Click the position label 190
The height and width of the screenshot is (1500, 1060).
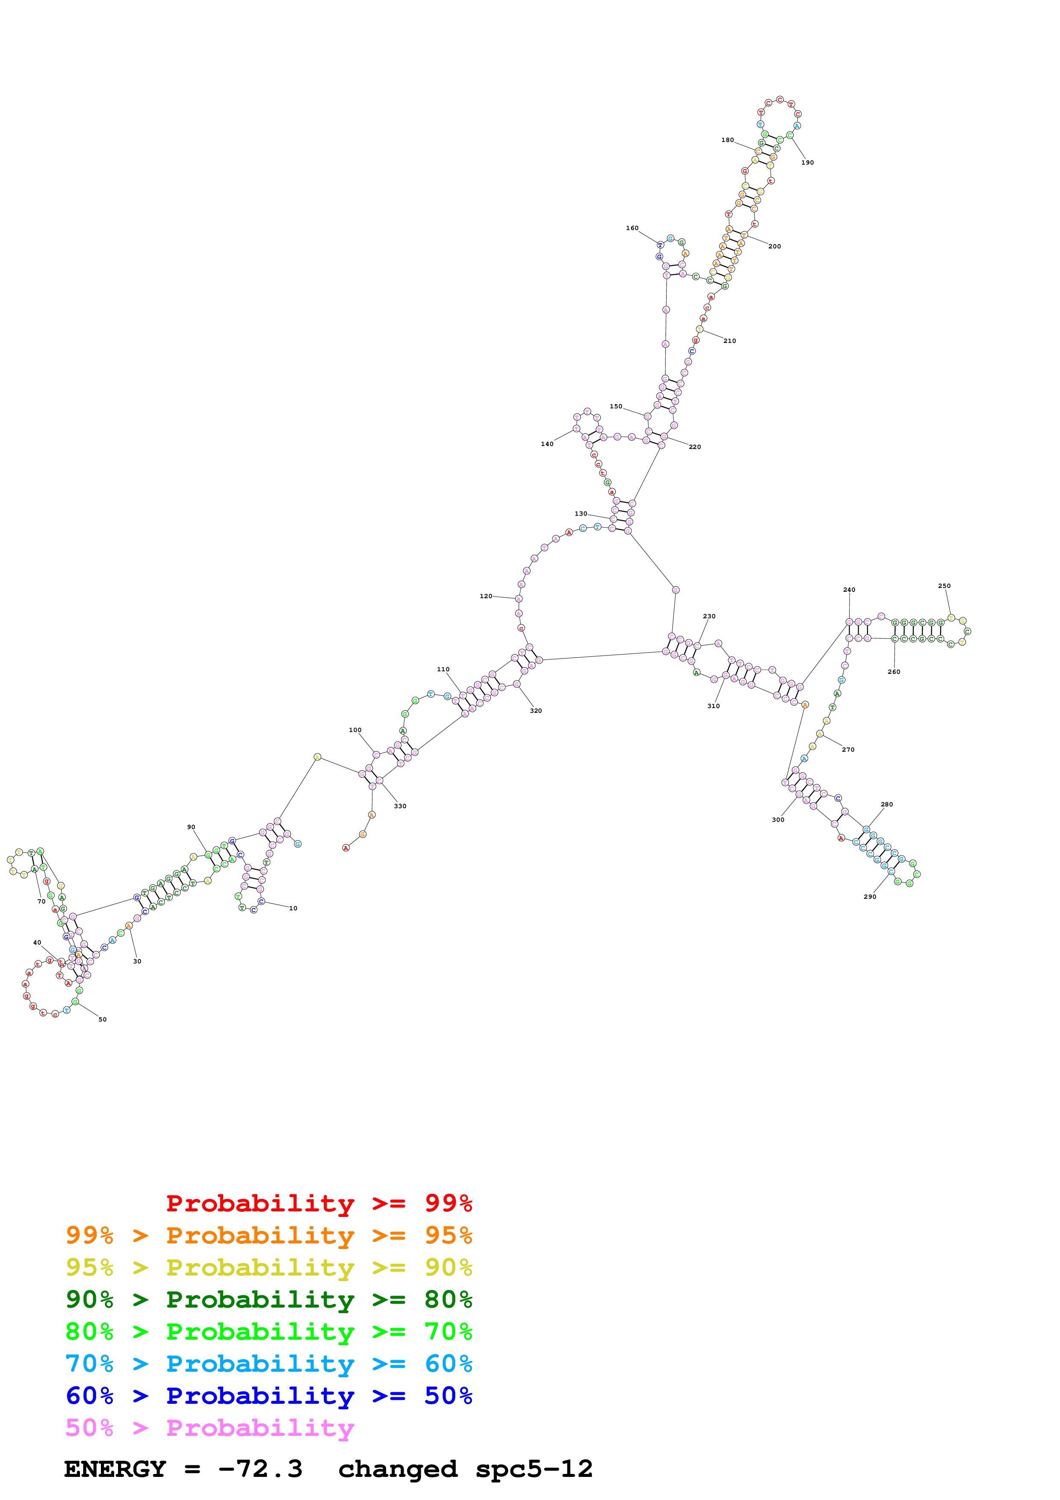tap(807, 162)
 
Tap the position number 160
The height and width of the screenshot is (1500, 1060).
tap(632, 228)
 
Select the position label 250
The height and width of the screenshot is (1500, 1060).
tap(945, 586)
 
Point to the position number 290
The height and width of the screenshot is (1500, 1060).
tap(870, 897)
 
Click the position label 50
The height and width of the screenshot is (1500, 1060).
tap(103, 1020)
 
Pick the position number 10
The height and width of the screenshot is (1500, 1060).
tap(293, 909)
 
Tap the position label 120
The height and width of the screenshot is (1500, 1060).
tap(486, 596)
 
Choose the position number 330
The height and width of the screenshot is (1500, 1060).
tap(400, 806)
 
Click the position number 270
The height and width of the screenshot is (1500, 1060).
tap(848, 750)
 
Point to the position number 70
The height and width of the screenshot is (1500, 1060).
tap(41, 901)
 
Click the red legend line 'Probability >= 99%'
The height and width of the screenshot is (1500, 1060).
tap(319, 1203)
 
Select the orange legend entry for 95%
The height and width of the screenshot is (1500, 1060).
tap(269, 1235)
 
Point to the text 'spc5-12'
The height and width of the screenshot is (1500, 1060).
tap(534, 1469)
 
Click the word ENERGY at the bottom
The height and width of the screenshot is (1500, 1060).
tap(115, 1469)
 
